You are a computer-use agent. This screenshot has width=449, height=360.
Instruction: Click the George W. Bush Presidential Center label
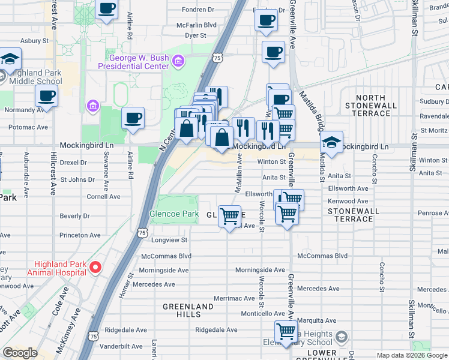point(139,62)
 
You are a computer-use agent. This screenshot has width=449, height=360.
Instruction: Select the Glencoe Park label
point(173,214)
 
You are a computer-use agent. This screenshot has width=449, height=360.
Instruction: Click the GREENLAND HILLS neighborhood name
point(188,310)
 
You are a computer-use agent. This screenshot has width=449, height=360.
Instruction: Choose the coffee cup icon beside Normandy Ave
point(46,95)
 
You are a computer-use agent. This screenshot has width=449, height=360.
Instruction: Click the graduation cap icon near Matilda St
point(331,142)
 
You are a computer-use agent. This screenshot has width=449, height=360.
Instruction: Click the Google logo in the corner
point(20,353)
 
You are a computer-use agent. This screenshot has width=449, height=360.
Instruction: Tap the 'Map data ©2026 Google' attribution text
point(412,355)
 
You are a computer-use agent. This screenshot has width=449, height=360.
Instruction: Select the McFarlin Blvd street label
point(196,25)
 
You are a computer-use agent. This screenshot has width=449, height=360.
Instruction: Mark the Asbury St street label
point(34,41)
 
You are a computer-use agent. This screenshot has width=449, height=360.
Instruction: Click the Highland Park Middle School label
point(35,77)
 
